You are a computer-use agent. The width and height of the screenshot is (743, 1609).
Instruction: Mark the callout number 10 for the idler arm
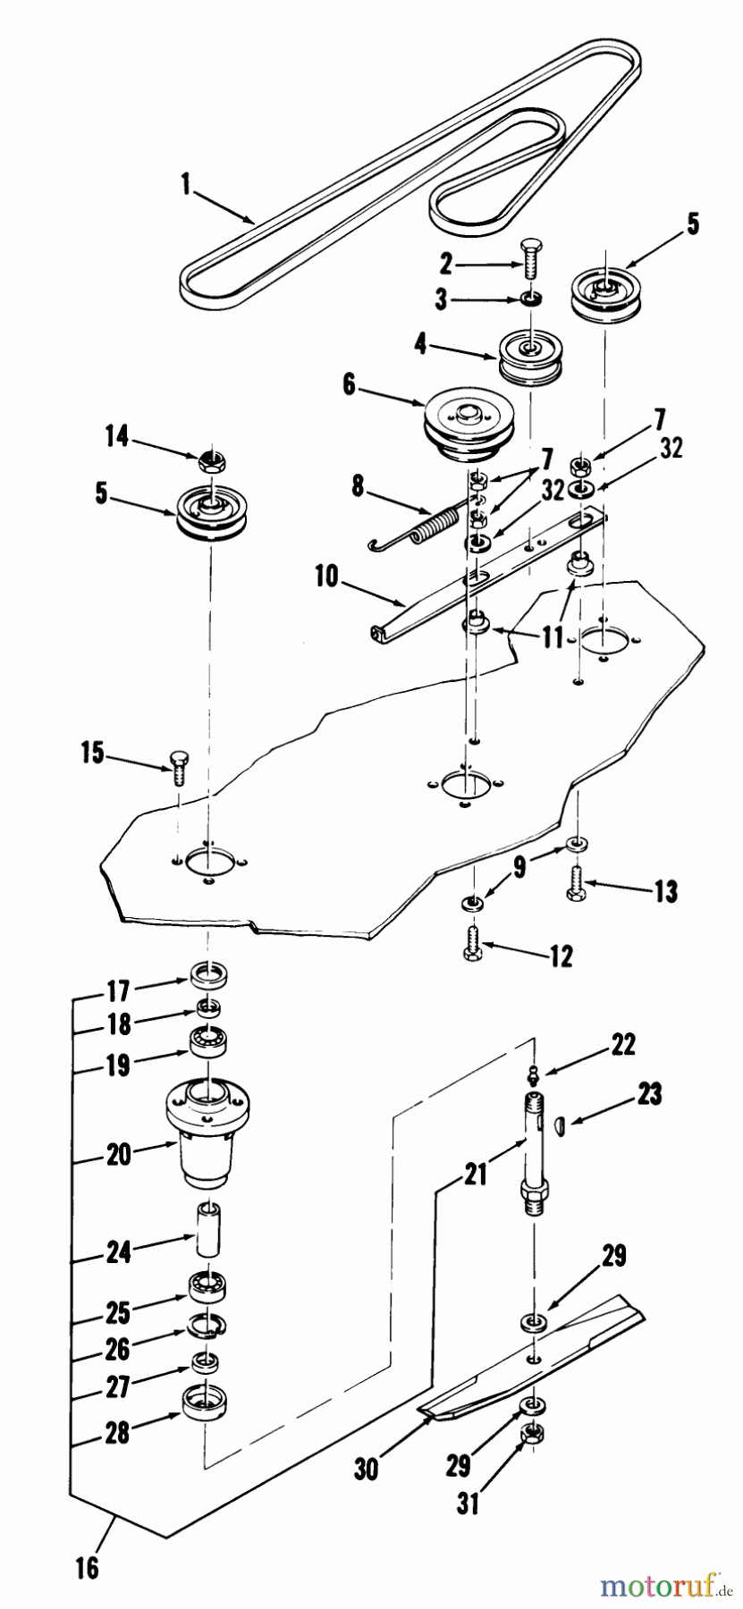(327, 576)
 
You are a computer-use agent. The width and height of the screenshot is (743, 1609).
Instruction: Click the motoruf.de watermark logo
(661, 1585)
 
